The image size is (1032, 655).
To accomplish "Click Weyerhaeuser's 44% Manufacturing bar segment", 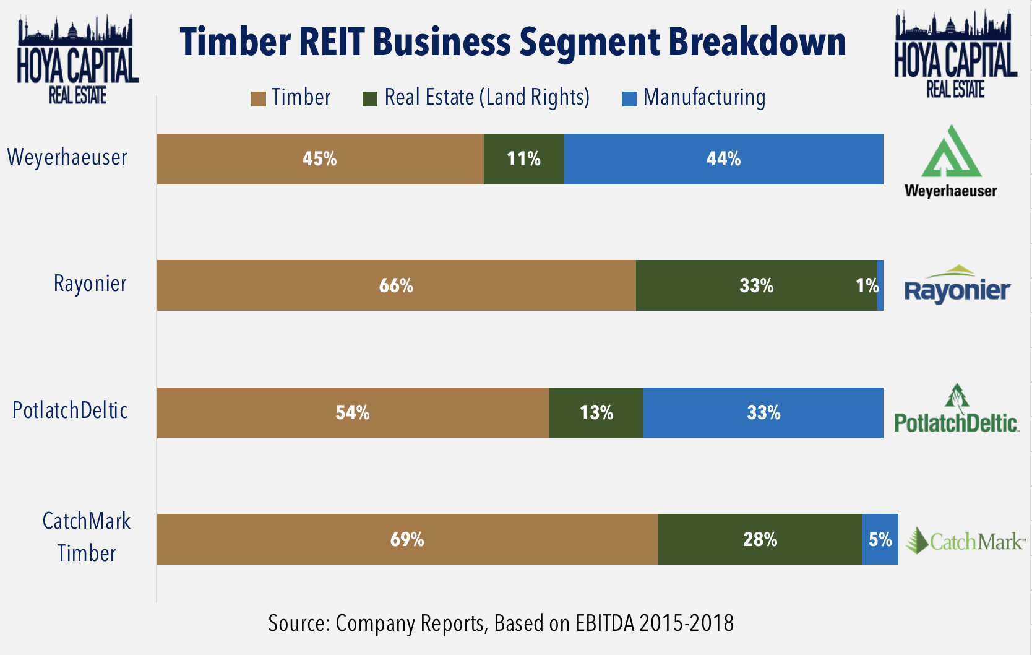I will click(x=723, y=159).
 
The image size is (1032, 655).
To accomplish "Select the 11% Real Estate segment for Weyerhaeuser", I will click(x=523, y=159).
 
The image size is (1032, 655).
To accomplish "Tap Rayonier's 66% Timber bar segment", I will click(x=396, y=285).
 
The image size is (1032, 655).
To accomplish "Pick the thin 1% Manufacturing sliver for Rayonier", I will click(x=880, y=285).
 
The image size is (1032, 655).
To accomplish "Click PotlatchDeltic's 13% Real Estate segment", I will click(x=596, y=413).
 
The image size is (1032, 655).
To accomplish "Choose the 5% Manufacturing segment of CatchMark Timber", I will click(x=880, y=539).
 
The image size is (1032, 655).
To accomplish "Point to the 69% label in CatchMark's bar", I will click(x=407, y=539).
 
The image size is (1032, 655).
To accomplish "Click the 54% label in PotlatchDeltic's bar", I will click(x=353, y=413).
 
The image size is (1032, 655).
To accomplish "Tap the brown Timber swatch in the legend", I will click(x=258, y=99).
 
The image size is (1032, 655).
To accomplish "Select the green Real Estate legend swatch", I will click(x=370, y=99).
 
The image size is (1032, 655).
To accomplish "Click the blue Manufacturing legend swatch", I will click(x=629, y=99).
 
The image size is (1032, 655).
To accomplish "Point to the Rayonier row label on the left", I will click(x=90, y=284).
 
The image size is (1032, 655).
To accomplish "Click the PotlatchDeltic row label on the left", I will click(x=70, y=410).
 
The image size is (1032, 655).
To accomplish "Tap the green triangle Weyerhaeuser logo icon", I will click(x=951, y=153).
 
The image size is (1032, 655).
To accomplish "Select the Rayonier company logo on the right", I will click(x=957, y=285).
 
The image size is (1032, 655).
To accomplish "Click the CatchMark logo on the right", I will click(x=965, y=540).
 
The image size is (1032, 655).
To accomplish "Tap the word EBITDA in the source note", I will click(x=605, y=623).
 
